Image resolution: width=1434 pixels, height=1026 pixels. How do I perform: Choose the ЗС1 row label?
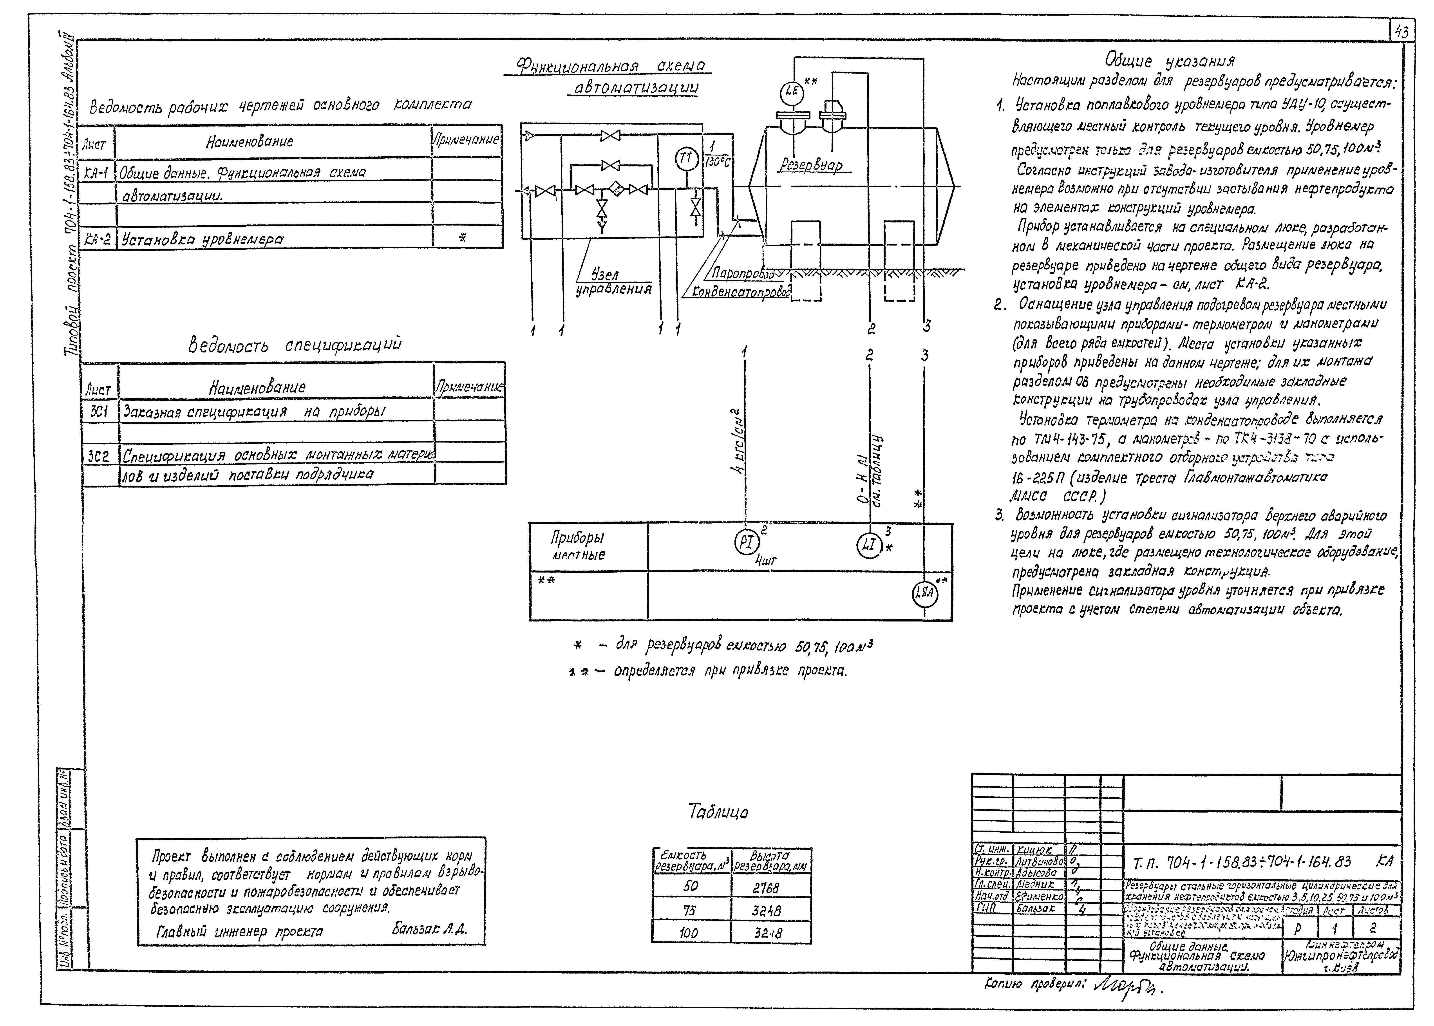(x=99, y=411)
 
